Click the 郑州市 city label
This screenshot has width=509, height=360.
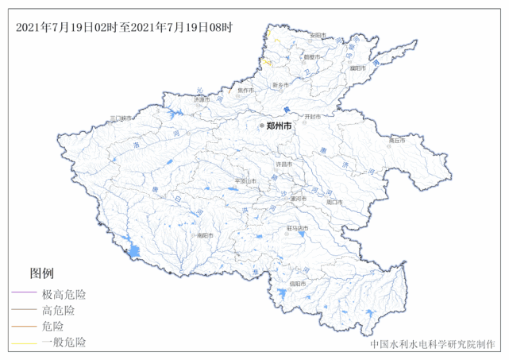[x=280, y=126]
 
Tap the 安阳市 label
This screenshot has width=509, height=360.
[x=318, y=35]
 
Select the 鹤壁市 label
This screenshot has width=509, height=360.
[x=312, y=57]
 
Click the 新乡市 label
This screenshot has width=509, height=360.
[x=280, y=85]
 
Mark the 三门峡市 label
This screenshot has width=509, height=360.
[x=124, y=118]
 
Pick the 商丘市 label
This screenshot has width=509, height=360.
[x=396, y=140]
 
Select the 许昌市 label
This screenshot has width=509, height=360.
[x=283, y=164]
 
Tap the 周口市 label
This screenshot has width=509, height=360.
[x=334, y=202]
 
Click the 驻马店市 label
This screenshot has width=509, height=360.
[x=297, y=228]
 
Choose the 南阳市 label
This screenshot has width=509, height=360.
[x=204, y=235]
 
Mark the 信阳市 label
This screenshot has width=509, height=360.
[x=297, y=283]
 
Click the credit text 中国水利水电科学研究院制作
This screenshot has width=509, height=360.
[x=432, y=346]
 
